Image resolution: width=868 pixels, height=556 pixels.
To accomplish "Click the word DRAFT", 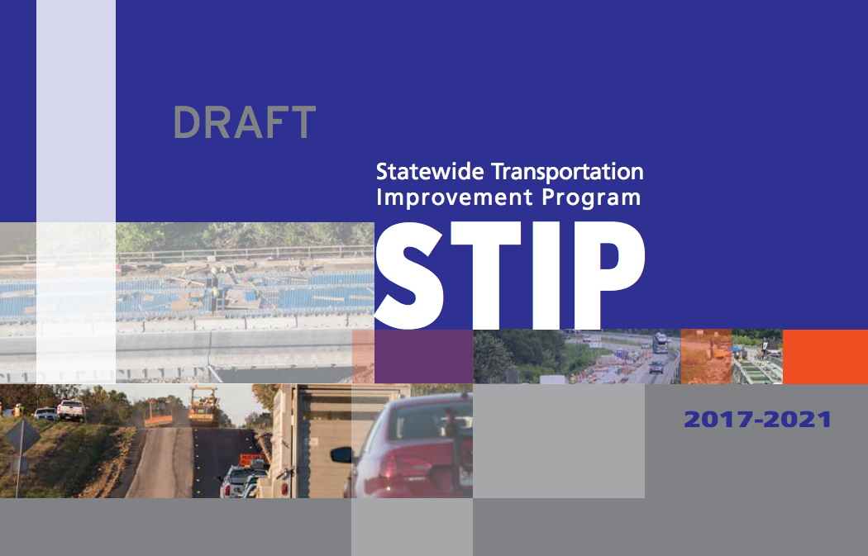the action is [x=244, y=122].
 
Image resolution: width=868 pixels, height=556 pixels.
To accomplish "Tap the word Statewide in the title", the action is [x=430, y=172].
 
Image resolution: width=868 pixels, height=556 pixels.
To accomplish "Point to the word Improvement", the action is [x=454, y=197].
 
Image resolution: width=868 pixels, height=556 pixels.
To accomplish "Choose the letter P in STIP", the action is [x=610, y=275].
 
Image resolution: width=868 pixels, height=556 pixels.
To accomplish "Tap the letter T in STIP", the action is [x=486, y=275].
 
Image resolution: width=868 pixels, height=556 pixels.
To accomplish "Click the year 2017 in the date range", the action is [x=718, y=420].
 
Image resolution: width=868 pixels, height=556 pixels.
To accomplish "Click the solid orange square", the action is [x=825, y=356].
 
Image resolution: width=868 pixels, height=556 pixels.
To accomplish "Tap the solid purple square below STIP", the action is [x=423, y=356].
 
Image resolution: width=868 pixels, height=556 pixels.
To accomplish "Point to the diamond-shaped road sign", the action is [x=22, y=436].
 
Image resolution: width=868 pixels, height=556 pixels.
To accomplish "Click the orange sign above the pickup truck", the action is [x=251, y=459].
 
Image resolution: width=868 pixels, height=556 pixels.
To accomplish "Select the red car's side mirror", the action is [x=341, y=454].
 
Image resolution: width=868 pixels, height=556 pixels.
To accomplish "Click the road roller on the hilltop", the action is [x=203, y=406].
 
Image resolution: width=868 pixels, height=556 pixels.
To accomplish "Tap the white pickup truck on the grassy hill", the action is [x=71, y=411].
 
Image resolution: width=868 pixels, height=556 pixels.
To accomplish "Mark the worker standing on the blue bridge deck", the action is [x=215, y=290].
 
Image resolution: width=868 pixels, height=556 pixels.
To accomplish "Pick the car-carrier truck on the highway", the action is [x=660, y=343].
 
